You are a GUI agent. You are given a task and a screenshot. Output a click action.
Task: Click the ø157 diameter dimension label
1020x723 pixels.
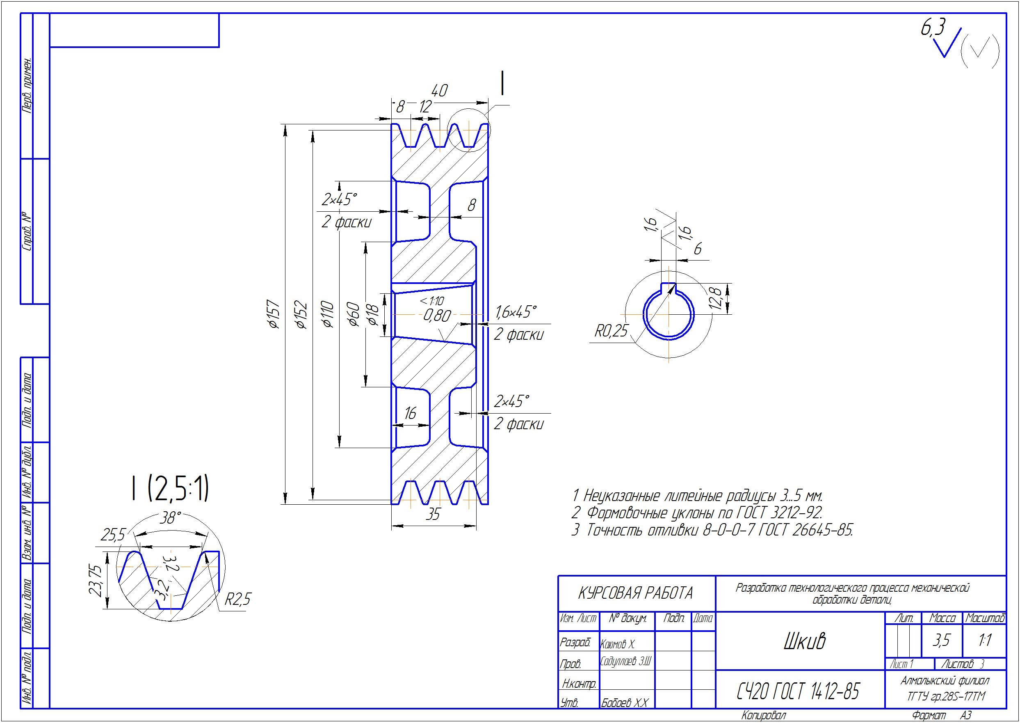click(x=274, y=314)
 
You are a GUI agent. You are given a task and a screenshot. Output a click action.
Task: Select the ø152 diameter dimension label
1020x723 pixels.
click(x=301, y=314)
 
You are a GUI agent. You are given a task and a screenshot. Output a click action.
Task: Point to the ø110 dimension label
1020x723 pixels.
click(x=328, y=314)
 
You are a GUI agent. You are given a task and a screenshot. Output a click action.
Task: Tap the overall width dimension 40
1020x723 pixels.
click(x=439, y=91)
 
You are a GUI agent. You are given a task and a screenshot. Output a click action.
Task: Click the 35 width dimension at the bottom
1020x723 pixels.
click(x=433, y=515)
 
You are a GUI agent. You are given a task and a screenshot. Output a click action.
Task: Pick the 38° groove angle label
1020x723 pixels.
click(x=171, y=518)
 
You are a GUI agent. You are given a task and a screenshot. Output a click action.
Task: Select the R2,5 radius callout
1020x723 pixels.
click(x=237, y=599)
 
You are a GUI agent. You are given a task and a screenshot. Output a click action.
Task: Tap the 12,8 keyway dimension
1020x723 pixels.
click(x=715, y=298)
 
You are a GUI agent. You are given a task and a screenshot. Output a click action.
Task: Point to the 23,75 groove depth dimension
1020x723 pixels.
click(x=96, y=581)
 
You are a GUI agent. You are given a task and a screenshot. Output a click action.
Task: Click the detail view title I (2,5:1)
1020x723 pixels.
click(x=169, y=488)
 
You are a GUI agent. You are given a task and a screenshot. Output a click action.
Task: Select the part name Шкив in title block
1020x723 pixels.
click(x=805, y=641)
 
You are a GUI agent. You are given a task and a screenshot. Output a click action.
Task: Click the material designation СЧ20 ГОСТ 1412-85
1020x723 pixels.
click(x=798, y=691)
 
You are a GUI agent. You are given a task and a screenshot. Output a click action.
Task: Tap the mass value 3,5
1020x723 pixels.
click(x=941, y=640)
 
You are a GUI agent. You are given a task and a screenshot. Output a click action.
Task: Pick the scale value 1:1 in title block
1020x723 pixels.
click(x=985, y=640)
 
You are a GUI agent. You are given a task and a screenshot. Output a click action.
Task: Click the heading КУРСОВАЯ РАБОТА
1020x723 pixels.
click(x=635, y=593)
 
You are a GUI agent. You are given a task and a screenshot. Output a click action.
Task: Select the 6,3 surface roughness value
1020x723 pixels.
click(x=933, y=28)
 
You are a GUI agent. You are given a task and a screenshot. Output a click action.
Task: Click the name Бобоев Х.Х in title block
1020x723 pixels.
click(x=625, y=703)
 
